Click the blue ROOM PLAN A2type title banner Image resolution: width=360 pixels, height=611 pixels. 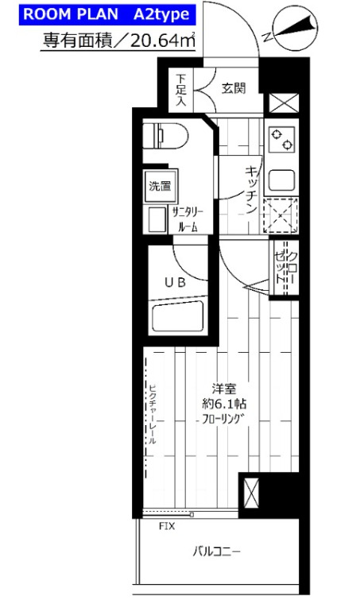click(107, 15)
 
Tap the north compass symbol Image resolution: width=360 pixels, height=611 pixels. click(295, 31)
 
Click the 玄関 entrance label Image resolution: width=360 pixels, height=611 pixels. click(234, 88)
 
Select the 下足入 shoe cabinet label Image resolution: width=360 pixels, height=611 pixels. click(180, 90)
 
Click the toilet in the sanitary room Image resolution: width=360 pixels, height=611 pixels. click(165, 136)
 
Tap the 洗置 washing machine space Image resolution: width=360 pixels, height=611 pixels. click(160, 186)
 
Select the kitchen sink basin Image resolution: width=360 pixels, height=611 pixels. click(281, 180)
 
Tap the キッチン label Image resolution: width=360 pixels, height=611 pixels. click(251, 189)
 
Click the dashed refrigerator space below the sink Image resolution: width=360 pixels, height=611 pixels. click(281, 215)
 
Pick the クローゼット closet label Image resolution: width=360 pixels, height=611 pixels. click(286, 266)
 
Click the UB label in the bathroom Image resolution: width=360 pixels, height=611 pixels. click(175, 283)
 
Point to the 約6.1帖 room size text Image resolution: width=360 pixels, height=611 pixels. click(224, 404)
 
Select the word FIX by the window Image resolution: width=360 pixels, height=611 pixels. click(167, 527)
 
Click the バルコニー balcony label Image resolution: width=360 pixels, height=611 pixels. click(216, 551)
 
